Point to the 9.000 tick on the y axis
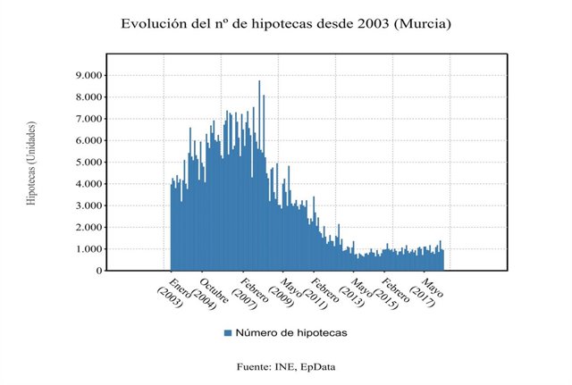tap(86, 75)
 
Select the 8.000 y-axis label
tap(86, 96)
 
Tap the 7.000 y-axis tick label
tap(86, 118)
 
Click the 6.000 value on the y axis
tap(86, 140)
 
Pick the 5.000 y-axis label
tap(86, 162)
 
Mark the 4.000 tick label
tap(86, 183)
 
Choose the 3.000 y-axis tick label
tap(86, 205)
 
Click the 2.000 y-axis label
tap(86, 227)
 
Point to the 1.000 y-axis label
tap(86, 248)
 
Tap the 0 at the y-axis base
tap(97, 270)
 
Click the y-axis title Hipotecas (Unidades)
tap(32, 163)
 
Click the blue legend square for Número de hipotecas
tap(228, 333)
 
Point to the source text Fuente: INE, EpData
tap(286, 367)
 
